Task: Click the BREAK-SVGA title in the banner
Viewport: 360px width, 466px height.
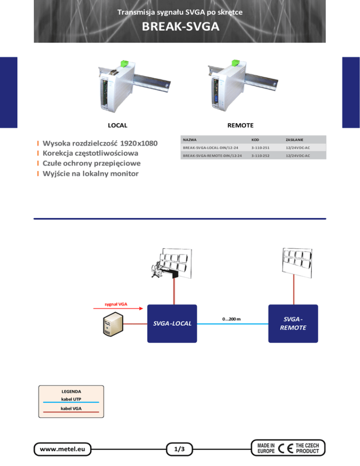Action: click(x=180, y=26)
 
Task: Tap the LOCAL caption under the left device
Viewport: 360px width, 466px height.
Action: click(x=118, y=126)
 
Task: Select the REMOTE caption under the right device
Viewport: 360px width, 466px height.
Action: click(x=240, y=126)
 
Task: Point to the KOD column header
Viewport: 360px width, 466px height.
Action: click(x=255, y=140)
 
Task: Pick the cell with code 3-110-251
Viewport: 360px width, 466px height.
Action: click(x=261, y=148)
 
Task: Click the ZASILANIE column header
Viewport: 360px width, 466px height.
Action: click(x=294, y=140)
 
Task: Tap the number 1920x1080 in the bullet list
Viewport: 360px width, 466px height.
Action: click(x=139, y=143)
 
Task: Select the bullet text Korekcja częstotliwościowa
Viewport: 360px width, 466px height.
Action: click(x=90, y=153)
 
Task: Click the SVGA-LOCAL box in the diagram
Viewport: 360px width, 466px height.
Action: click(x=172, y=323)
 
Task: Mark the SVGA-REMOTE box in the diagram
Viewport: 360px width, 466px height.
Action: click(x=293, y=323)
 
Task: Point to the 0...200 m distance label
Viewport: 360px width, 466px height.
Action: click(x=232, y=319)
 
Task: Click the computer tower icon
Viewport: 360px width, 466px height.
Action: click(x=113, y=324)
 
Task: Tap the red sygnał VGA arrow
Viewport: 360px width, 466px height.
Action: click(x=118, y=308)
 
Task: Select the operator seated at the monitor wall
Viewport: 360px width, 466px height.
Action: click(x=157, y=270)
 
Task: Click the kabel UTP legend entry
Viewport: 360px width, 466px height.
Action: click(x=71, y=399)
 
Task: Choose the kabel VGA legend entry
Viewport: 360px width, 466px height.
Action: click(x=71, y=409)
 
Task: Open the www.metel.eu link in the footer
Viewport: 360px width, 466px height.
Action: click(x=62, y=449)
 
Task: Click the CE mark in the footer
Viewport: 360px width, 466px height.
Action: click(x=285, y=448)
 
